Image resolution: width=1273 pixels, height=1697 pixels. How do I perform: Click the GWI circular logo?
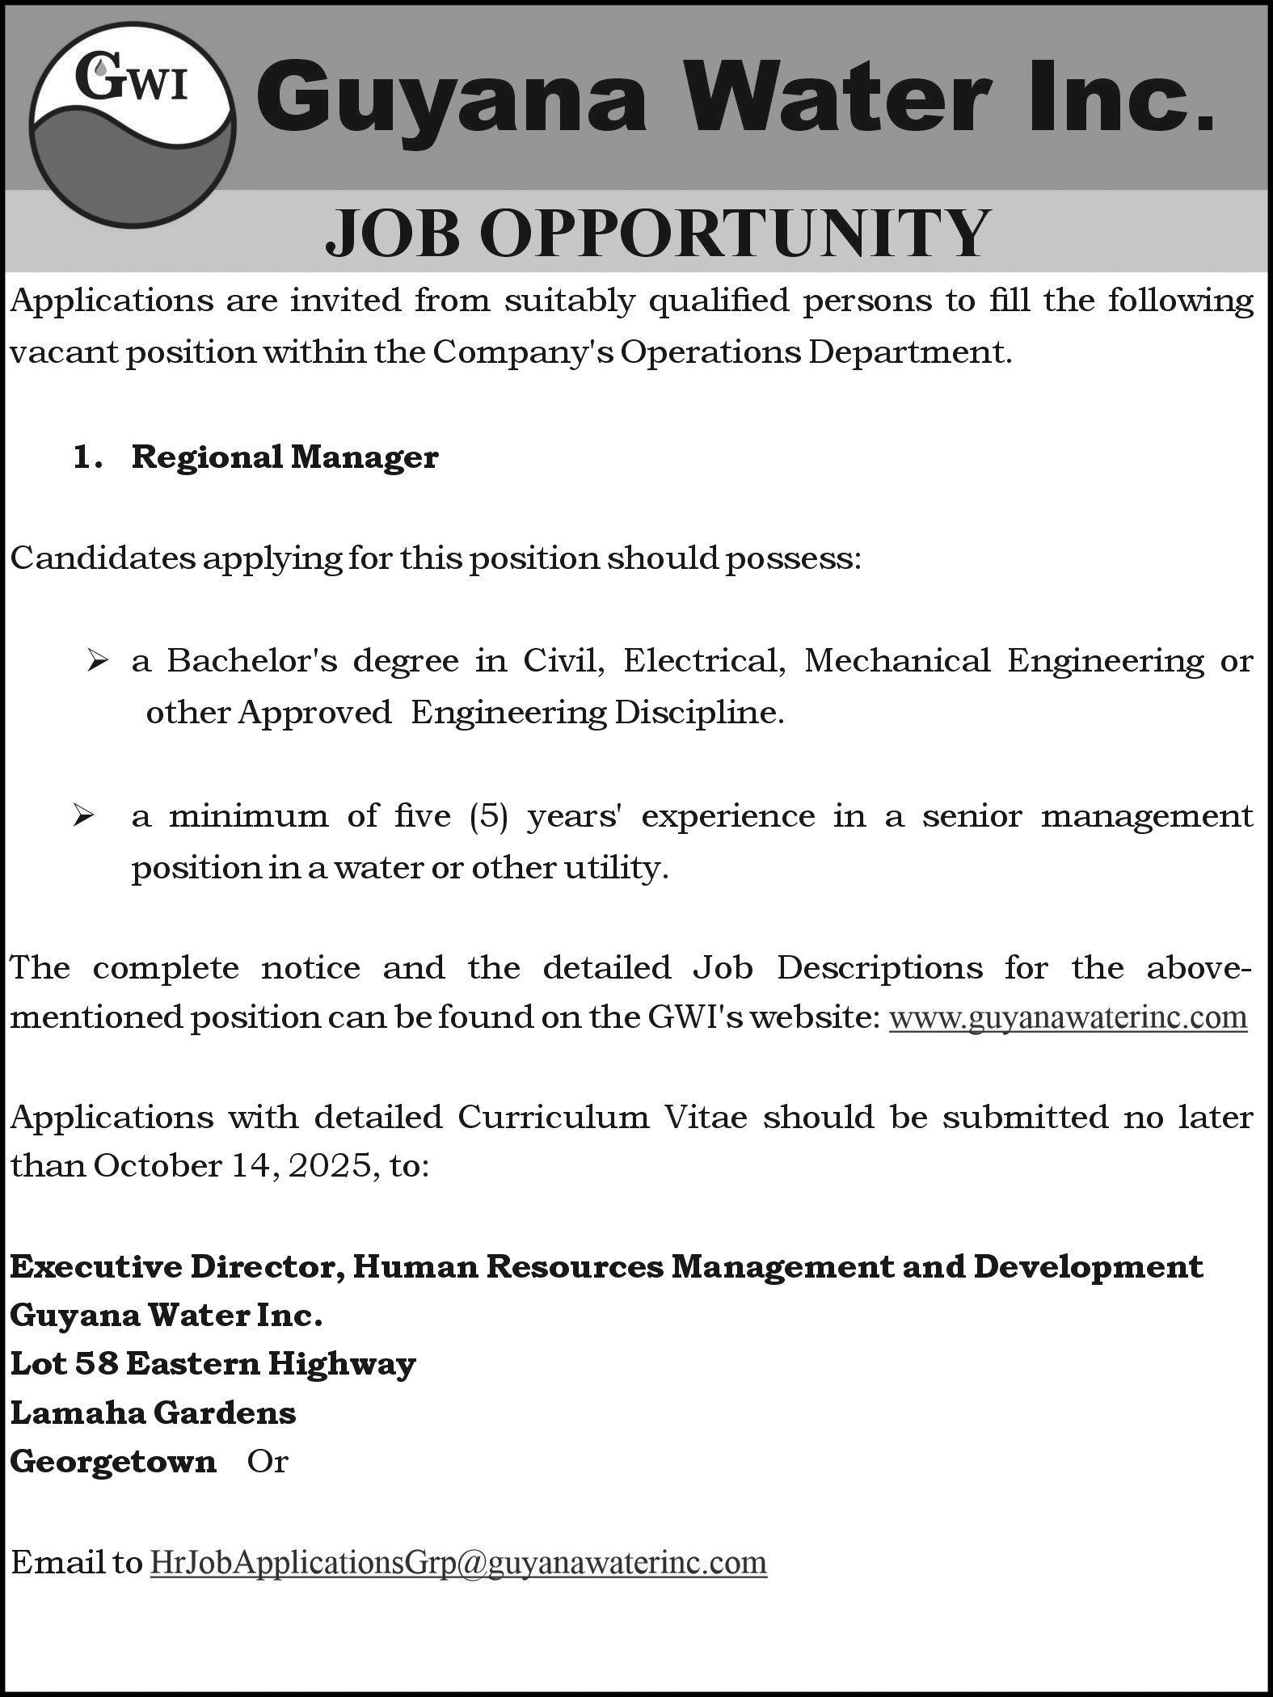(x=132, y=129)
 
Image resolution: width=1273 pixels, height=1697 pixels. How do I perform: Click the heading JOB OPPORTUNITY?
(x=657, y=232)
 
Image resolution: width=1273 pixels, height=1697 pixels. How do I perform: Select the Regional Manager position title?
(x=285, y=457)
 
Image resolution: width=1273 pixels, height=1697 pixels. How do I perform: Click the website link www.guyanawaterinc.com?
(x=1068, y=1017)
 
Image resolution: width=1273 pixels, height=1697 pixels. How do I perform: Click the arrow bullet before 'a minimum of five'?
(x=82, y=817)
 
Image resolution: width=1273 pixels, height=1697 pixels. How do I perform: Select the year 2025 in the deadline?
(x=330, y=1165)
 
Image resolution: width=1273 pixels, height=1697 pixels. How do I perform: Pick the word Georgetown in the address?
(x=113, y=1461)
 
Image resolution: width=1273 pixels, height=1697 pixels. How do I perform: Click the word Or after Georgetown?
(x=268, y=1461)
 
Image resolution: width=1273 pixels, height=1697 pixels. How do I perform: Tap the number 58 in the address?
(x=95, y=1364)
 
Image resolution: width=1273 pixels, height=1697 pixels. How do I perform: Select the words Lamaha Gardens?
(x=153, y=1413)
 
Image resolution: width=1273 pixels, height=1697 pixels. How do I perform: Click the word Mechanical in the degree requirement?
(x=896, y=661)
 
